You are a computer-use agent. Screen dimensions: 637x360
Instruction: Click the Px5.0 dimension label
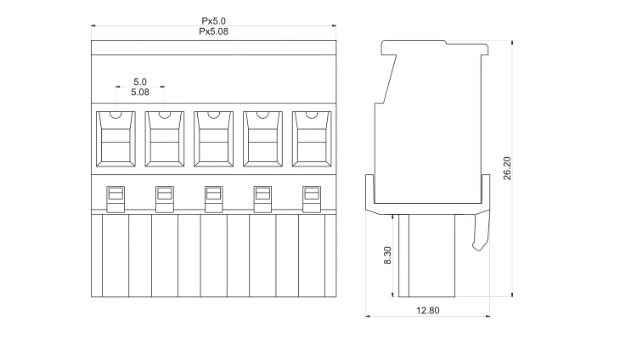214,20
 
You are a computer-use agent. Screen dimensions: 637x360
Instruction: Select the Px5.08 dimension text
214,31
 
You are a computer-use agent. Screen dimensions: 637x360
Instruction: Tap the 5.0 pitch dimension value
140,82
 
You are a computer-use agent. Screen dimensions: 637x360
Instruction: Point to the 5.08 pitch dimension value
140,93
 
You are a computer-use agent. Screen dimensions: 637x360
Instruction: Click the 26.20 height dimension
507,168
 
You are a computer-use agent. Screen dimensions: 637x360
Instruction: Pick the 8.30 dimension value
387,256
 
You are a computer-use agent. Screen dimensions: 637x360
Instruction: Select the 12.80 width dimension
428,311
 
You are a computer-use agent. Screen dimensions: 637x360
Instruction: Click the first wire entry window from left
116,139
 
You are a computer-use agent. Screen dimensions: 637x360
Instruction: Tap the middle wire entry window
214,139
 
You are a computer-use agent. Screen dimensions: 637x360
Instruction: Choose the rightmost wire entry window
312,139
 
